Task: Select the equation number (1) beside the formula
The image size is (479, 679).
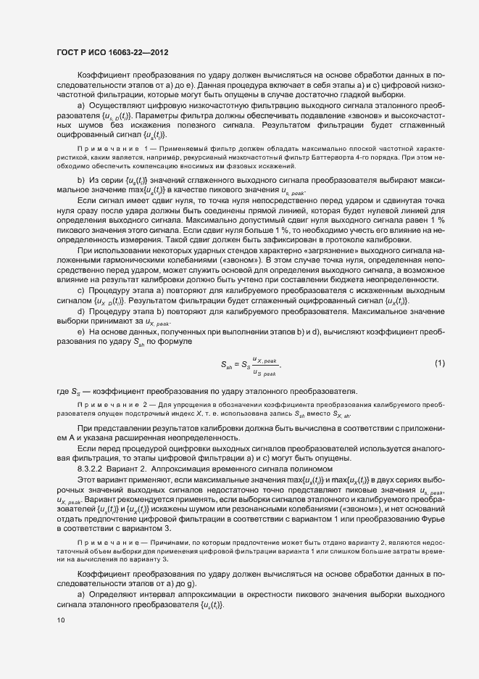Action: [439, 363]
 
